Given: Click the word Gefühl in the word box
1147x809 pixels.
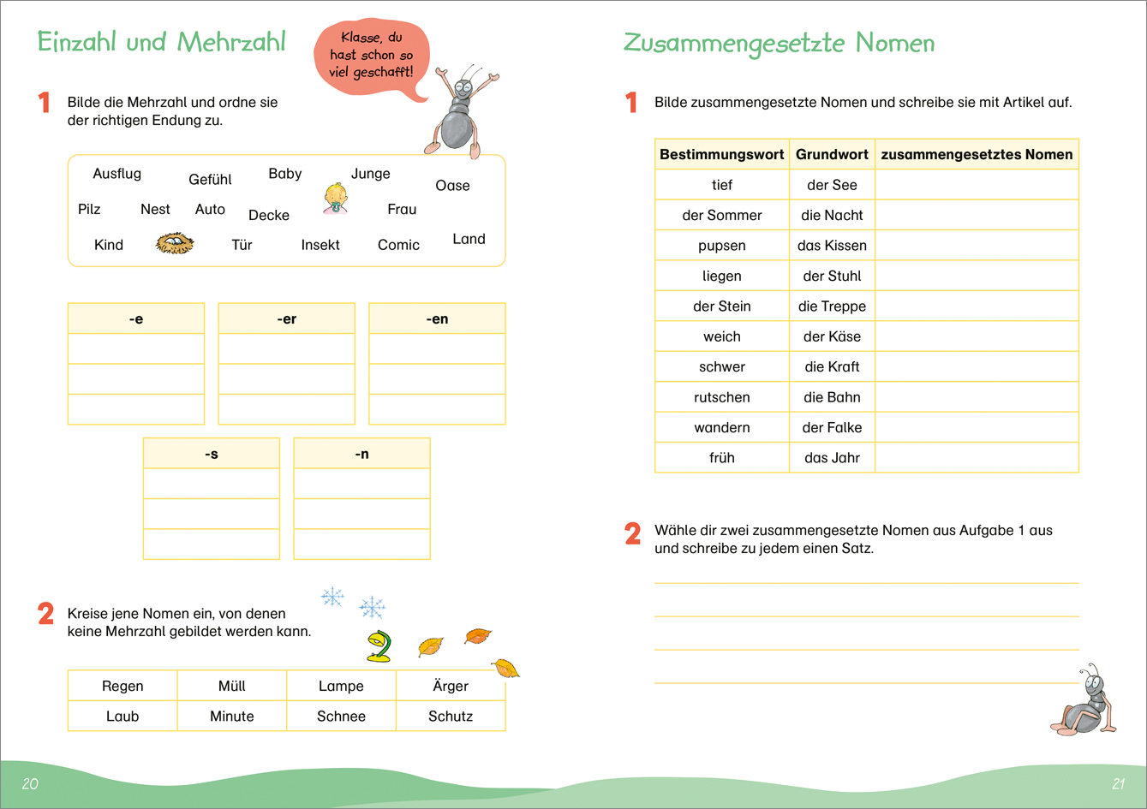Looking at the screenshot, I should click(210, 180).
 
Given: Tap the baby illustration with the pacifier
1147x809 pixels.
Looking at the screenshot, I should click(336, 199).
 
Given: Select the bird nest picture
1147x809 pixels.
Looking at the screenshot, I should click(175, 245).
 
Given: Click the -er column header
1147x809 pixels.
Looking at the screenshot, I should click(286, 318).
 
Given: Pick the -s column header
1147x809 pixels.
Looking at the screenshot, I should click(212, 454).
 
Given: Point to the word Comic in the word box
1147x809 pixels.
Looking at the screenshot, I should click(398, 245).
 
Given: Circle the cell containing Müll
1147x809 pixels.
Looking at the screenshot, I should click(231, 686).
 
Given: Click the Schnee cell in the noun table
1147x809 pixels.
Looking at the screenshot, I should click(341, 717).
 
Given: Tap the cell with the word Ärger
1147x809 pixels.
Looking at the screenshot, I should click(451, 686).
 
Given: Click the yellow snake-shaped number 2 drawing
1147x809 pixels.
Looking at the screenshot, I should click(378, 646).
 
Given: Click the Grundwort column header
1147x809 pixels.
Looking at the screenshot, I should click(832, 155).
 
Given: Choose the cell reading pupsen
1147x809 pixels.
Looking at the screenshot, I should click(722, 246).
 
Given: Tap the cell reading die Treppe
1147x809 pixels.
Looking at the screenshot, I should click(832, 306).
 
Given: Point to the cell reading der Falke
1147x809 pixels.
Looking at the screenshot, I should click(832, 427).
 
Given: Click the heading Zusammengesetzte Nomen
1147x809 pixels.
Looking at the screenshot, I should click(779, 44).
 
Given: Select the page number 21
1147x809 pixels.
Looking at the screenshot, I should click(1118, 783).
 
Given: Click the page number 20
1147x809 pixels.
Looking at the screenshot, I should click(30, 783).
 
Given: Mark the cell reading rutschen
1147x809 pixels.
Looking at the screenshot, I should click(722, 397).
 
